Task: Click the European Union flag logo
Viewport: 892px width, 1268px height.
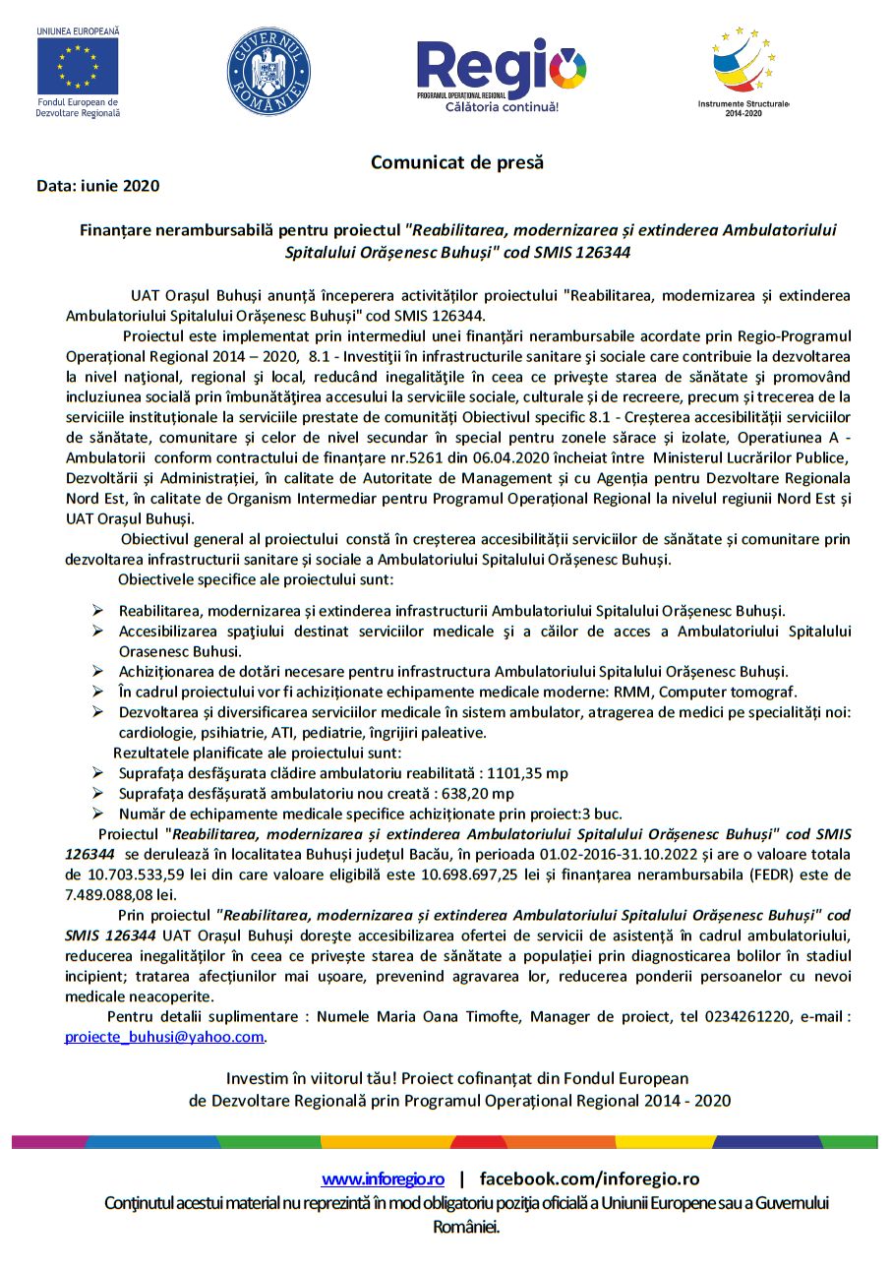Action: point(78,67)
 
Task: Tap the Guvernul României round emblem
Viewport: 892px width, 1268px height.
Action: point(268,71)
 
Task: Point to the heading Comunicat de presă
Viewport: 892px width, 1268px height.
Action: point(456,162)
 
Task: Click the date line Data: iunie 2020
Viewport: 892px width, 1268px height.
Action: point(97,185)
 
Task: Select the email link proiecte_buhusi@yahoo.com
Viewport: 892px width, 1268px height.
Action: point(164,1037)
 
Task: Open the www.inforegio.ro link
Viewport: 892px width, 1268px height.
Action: point(383,1178)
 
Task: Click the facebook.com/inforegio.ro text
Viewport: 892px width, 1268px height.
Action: point(589,1178)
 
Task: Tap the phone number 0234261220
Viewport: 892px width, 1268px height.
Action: point(747,1017)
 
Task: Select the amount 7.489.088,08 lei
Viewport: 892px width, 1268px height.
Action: point(121,895)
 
